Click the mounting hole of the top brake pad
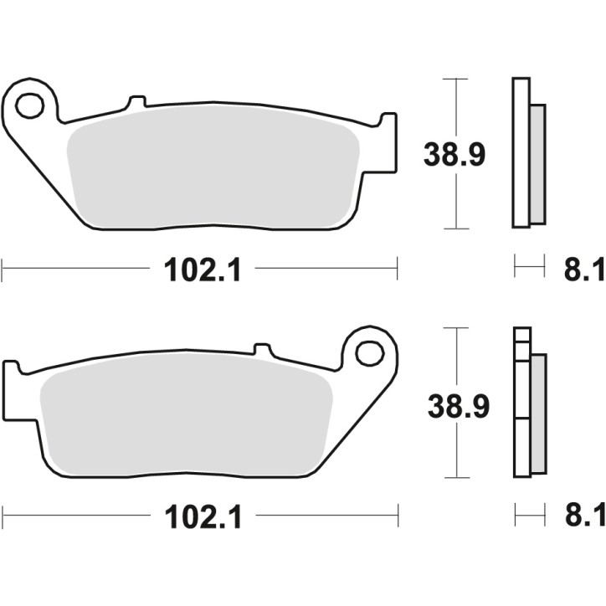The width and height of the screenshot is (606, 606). coord(29,105)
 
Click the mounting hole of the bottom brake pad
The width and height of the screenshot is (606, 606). coord(368,352)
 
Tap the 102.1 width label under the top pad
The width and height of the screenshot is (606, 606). coord(198,269)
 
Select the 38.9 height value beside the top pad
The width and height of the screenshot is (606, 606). coord(455,155)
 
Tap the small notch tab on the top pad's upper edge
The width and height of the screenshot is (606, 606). coord(135,103)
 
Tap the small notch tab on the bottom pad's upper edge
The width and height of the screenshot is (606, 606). coord(262,347)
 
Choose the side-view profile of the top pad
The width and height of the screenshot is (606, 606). coord(525,152)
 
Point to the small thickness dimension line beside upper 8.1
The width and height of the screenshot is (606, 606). coord(527,268)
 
